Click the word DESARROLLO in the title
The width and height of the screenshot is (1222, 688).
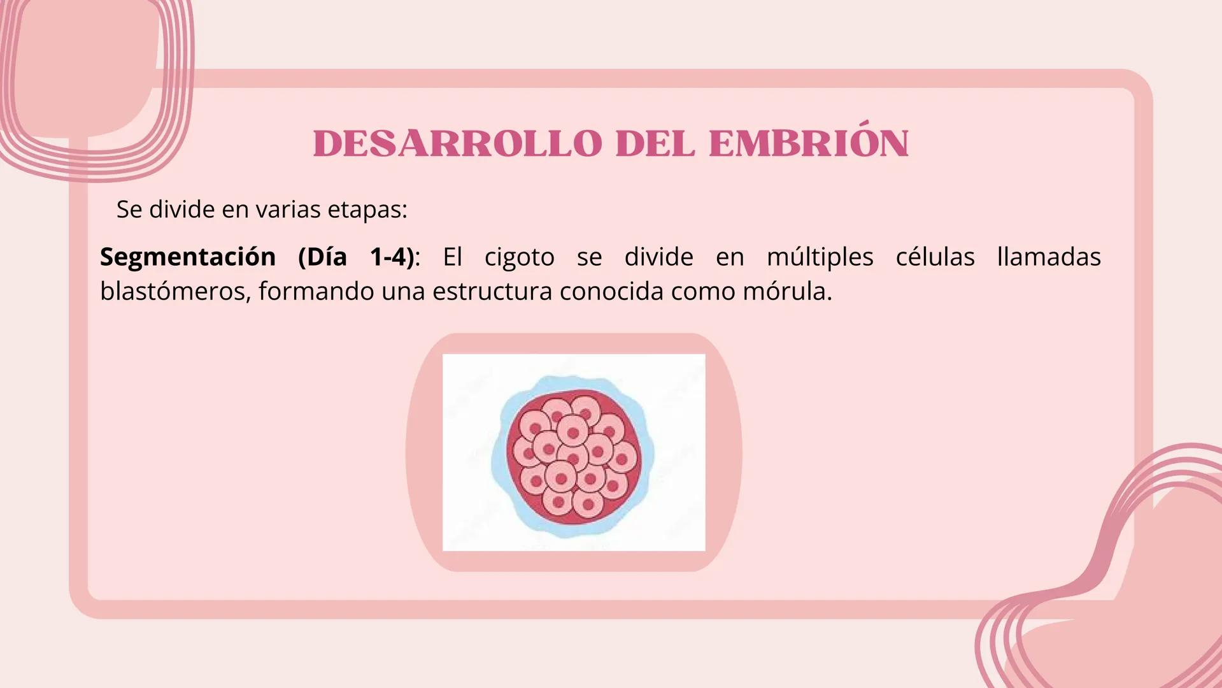click(x=457, y=144)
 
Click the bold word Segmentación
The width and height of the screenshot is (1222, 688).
click(x=188, y=257)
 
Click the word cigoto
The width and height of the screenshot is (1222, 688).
click(x=519, y=257)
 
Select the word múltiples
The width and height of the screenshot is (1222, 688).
click(x=820, y=257)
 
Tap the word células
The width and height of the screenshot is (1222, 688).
click(x=935, y=257)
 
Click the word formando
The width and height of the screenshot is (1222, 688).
click(x=316, y=292)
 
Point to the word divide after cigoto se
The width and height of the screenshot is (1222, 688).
click(x=658, y=257)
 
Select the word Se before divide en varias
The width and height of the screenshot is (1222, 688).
click(x=129, y=210)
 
